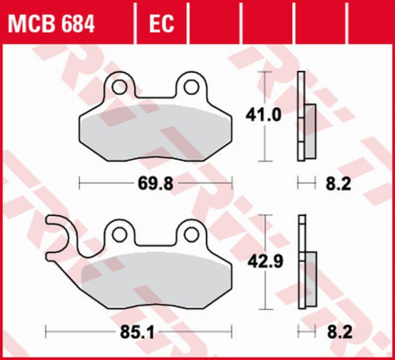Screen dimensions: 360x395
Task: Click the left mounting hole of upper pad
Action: click(x=120, y=88)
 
